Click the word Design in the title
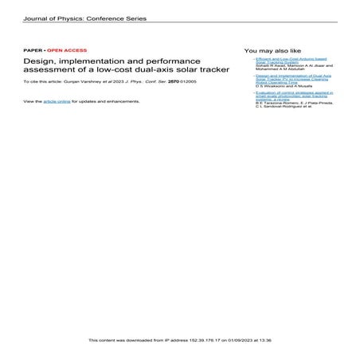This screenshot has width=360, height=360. click(39, 61)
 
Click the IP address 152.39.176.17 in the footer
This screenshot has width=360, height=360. click(209, 340)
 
